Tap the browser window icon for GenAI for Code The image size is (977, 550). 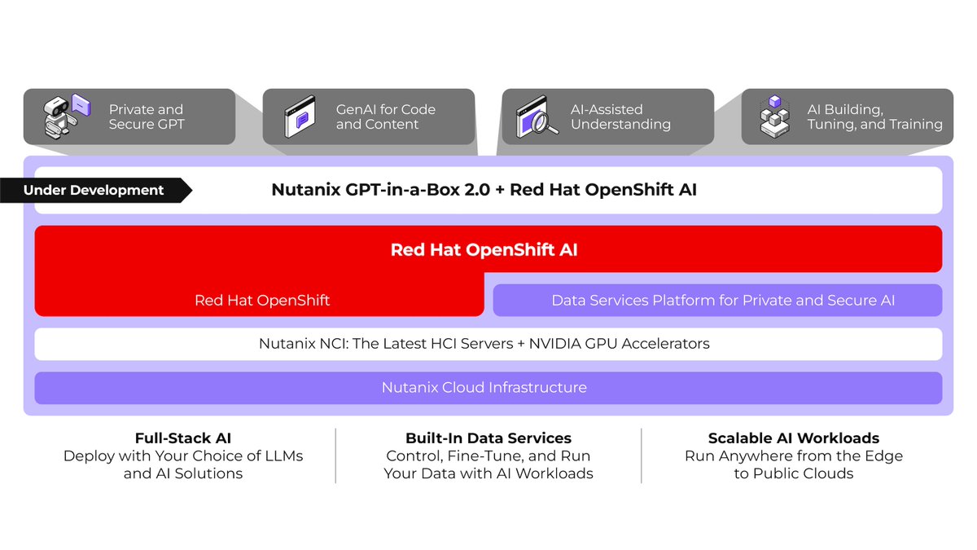pyautogui.click(x=300, y=117)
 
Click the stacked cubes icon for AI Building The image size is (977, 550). pyautogui.click(x=774, y=116)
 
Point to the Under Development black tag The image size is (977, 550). pyautogui.click(x=94, y=191)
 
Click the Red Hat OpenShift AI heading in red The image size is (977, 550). pyautogui.click(x=484, y=250)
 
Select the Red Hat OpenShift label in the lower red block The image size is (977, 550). pyautogui.click(x=262, y=300)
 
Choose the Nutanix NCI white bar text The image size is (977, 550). pyautogui.click(x=484, y=344)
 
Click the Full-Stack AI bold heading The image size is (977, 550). pyautogui.click(x=182, y=438)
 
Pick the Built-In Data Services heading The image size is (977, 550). pyautogui.click(x=488, y=438)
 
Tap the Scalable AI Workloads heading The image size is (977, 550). pyautogui.click(x=793, y=438)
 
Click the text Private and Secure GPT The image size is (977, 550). pyautogui.click(x=147, y=117)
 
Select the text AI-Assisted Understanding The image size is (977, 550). pyautogui.click(x=620, y=117)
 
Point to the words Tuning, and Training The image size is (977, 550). pyautogui.click(x=874, y=125)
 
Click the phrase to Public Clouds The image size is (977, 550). pyautogui.click(x=793, y=473)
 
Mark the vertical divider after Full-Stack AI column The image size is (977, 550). pyautogui.click(x=335, y=455)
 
